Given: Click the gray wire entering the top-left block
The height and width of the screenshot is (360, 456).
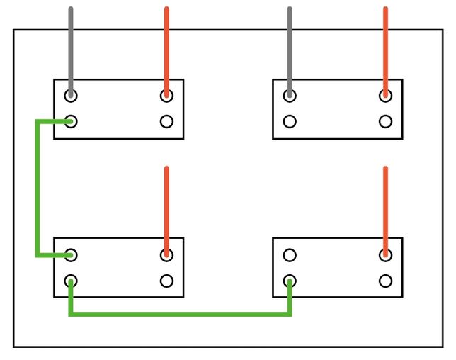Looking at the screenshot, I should point(71,50).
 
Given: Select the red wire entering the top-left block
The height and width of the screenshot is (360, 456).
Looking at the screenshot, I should point(166,50).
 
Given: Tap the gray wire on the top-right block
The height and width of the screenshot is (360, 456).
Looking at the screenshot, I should point(290,50).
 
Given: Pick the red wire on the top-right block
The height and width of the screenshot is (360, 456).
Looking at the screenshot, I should point(385,50).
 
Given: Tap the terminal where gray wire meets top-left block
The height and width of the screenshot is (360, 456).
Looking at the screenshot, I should point(71,96).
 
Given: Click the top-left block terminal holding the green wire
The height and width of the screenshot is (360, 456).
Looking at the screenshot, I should point(71,121).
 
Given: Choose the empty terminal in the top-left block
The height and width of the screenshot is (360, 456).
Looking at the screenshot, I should point(166,121).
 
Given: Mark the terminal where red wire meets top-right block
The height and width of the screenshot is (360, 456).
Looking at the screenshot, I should point(385,96).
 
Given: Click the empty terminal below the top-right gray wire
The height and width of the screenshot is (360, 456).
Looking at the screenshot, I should point(290,121).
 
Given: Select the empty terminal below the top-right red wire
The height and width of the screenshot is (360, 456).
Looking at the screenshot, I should point(385,121).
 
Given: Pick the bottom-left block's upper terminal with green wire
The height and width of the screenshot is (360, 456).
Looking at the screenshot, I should point(71,254).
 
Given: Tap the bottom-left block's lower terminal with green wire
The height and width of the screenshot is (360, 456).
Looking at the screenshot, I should point(71,281).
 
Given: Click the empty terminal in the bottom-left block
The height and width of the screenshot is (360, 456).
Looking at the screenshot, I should point(166,281).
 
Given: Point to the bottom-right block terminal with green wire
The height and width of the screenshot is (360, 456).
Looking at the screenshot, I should point(290,281).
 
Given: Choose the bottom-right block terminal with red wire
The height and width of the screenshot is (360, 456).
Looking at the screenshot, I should point(385,254).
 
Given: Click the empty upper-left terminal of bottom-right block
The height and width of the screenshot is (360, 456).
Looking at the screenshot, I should point(290,254).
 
